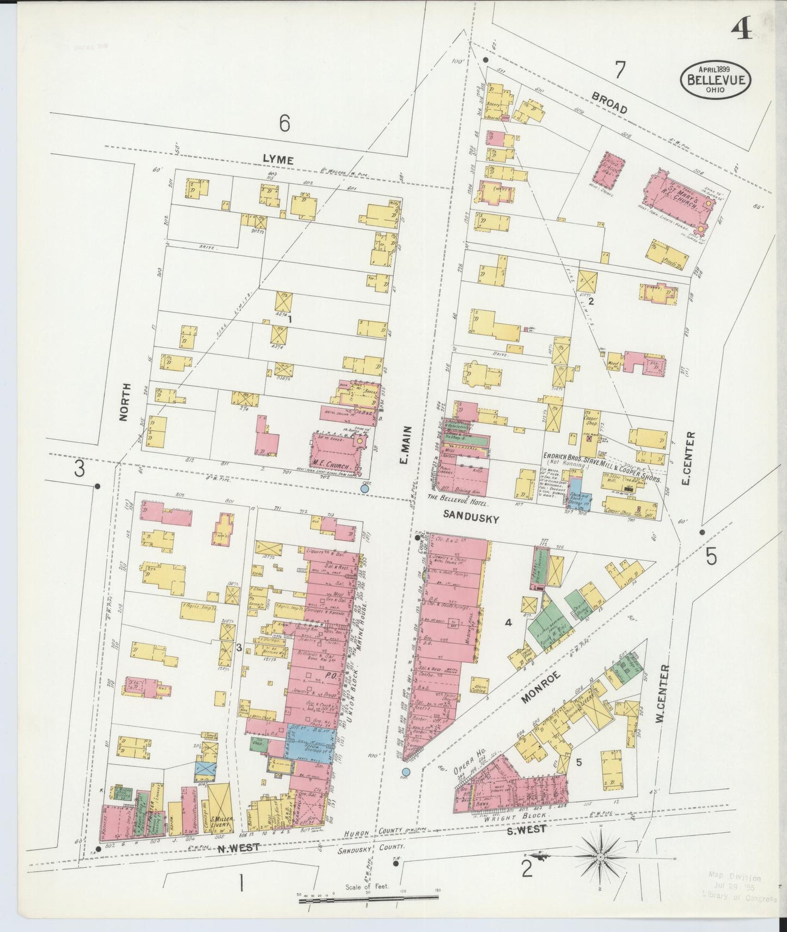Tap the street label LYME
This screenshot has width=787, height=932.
(278, 159)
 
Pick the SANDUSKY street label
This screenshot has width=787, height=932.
(471, 519)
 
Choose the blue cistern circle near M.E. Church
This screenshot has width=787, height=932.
(364, 489)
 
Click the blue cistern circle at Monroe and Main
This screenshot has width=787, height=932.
(406, 772)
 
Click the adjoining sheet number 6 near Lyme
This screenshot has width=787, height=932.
(284, 124)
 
